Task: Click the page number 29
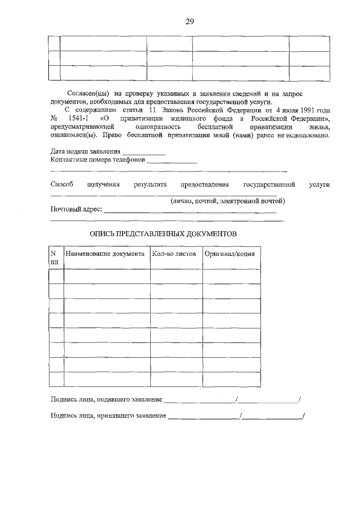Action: click(x=190, y=22)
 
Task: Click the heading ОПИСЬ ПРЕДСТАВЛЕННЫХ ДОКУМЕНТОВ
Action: click(x=164, y=233)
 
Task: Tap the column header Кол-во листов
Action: click(x=174, y=254)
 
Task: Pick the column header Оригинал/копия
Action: click(x=229, y=254)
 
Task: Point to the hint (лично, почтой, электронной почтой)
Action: click(x=228, y=201)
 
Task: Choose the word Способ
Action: click(x=62, y=184)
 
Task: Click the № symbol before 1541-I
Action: click(x=55, y=119)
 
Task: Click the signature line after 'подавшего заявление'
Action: click(x=200, y=401)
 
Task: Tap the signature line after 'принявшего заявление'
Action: click(x=203, y=417)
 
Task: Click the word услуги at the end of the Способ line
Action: click(x=319, y=184)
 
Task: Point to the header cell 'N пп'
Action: click(x=55, y=257)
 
